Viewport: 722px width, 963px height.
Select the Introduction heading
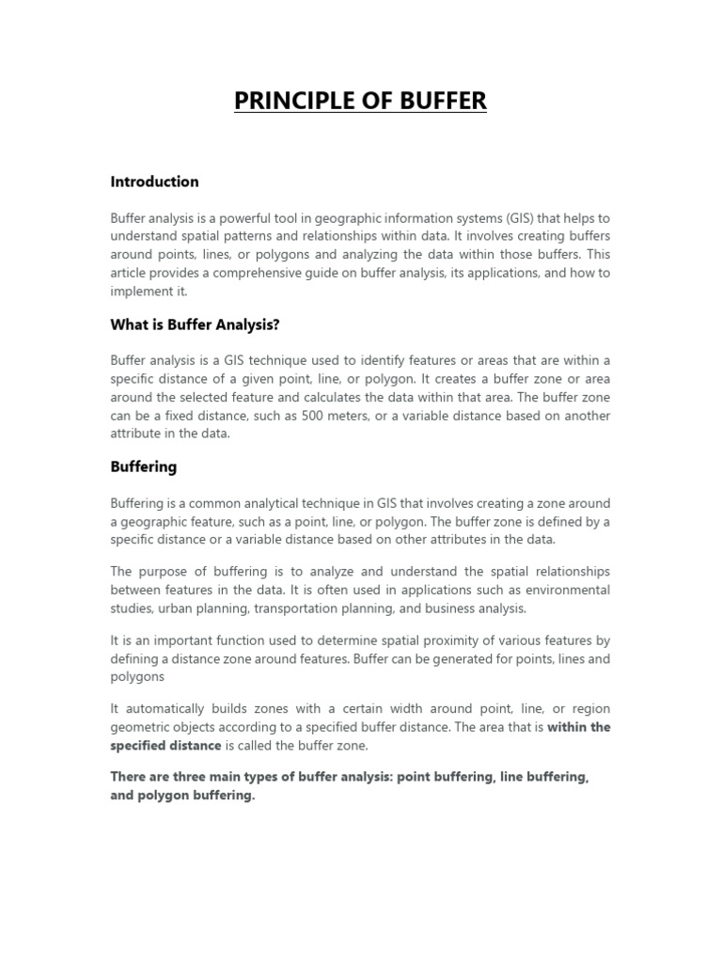(154, 182)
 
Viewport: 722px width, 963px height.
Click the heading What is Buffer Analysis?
(195, 324)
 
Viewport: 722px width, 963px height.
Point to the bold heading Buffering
(143, 466)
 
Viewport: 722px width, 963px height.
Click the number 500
(313, 416)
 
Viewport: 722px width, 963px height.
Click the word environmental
(564, 591)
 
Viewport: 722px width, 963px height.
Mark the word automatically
(162, 708)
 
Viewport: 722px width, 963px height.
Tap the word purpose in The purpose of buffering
(165, 572)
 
